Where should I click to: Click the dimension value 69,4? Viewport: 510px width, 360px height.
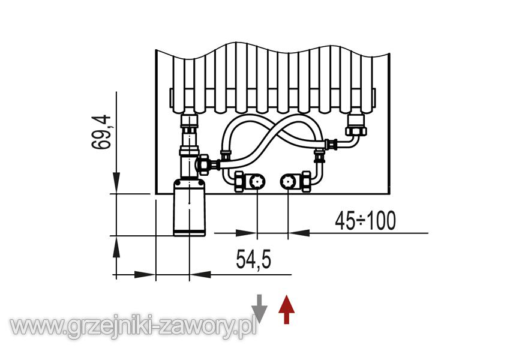(x=101, y=132)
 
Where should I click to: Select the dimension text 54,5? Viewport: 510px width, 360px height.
(x=253, y=259)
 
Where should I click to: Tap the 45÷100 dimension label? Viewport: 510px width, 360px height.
(x=365, y=220)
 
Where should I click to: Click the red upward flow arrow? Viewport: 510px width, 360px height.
(x=287, y=309)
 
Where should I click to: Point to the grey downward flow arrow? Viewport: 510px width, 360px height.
(x=259, y=309)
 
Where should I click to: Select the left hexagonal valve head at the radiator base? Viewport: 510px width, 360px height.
(x=257, y=181)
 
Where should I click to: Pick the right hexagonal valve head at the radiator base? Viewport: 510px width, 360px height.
(x=288, y=181)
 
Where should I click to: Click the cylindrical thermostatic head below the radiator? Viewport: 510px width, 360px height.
(x=189, y=208)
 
